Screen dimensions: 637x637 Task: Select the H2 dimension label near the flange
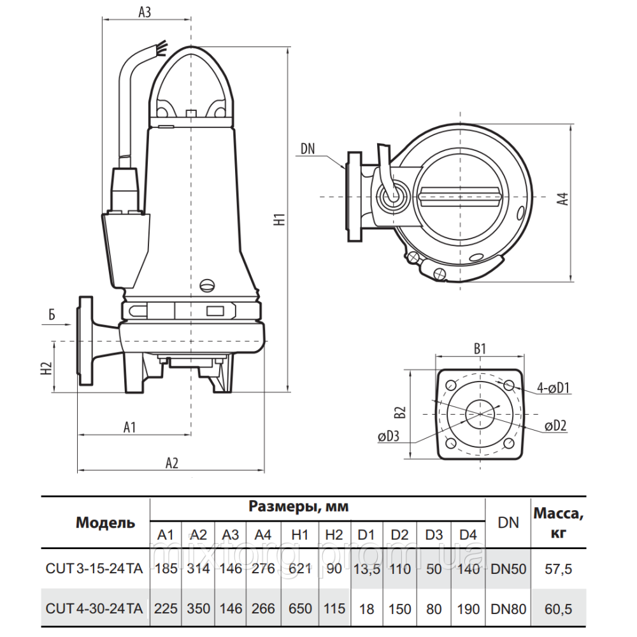[45, 368]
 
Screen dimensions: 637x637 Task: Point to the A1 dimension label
[130, 427]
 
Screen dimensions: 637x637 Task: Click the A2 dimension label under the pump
[171, 463]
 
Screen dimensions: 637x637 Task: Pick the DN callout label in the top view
[308, 149]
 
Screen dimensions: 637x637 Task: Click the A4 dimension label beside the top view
[562, 199]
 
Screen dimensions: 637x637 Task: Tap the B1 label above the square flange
[480, 348]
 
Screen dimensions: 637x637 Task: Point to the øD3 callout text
[389, 437]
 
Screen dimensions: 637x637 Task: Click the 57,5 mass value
[558, 569]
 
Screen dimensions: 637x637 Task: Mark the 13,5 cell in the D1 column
[366, 569]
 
